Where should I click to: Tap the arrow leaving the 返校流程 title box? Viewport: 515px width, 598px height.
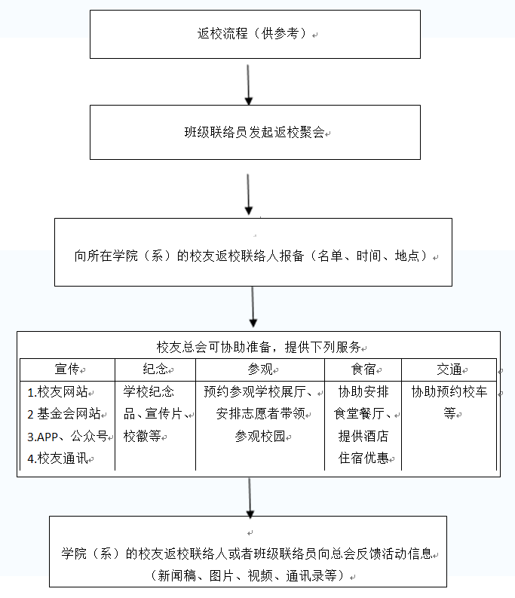click(248, 84)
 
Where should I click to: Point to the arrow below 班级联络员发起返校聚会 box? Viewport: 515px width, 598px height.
click(248, 195)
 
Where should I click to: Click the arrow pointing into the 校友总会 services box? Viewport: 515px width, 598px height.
click(253, 307)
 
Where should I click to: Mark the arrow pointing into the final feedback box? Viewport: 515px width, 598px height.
click(250, 498)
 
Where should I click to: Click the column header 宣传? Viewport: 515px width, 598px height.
click(67, 370)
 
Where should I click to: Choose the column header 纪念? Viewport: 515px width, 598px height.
click(155, 370)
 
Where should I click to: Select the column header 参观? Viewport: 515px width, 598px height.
click(260, 370)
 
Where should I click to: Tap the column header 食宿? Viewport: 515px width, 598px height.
click(363, 370)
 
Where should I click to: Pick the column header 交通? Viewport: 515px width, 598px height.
click(449, 370)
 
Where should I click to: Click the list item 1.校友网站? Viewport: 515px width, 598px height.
click(57, 391)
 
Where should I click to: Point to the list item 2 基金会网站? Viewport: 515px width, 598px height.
click(63, 414)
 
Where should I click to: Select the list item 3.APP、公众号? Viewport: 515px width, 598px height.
click(67, 437)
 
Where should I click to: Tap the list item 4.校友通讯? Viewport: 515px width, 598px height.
click(57, 458)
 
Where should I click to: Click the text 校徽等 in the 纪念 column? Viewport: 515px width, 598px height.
click(143, 437)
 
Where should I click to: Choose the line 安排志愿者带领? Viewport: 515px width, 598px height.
click(261, 414)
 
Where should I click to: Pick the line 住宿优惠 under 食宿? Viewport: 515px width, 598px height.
click(363, 458)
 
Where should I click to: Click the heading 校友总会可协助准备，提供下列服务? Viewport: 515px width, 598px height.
click(259, 347)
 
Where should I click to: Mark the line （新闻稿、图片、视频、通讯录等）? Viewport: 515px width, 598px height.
click(247, 575)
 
